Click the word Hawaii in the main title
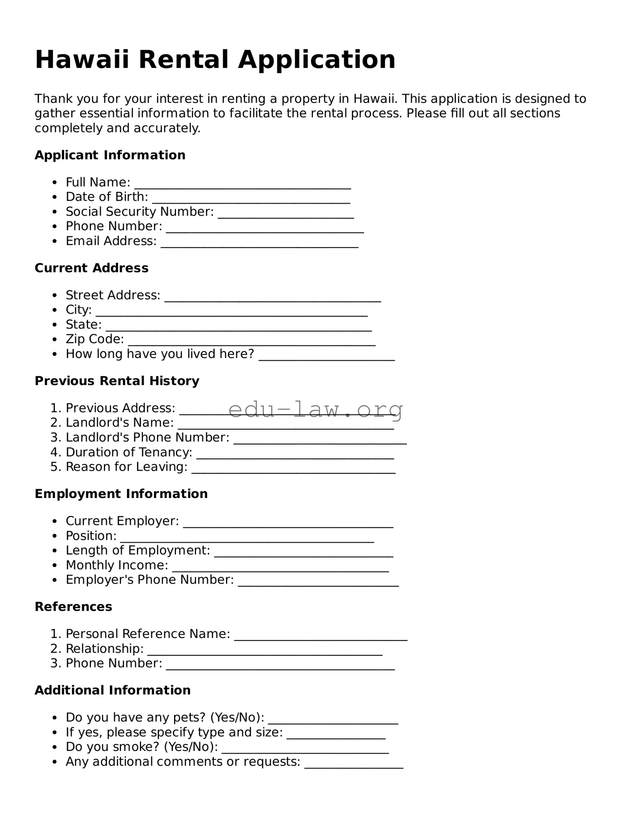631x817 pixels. pyautogui.click(x=82, y=60)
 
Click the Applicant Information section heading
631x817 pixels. pyautogui.click(x=110, y=155)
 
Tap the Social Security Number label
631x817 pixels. pyautogui.click(x=140, y=212)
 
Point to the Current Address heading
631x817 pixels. pyautogui.click(x=91, y=268)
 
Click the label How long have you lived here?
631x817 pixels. pyautogui.click(x=160, y=354)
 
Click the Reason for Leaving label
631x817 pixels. pyautogui.click(x=126, y=467)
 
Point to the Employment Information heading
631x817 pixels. pyautogui.click(x=121, y=494)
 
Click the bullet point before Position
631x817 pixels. pyautogui.click(x=55, y=536)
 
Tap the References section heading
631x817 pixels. pyautogui.click(x=73, y=607)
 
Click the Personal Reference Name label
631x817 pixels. pyautogui.click(x=148, y=634)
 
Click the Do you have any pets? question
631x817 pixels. pyautogui.click(x=165, y=718)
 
